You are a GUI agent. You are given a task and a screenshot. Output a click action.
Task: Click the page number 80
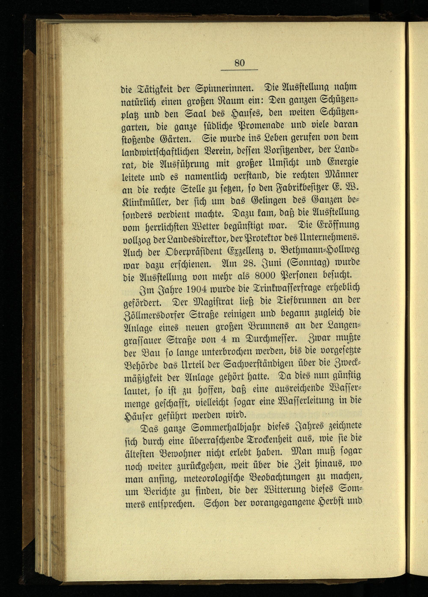239,63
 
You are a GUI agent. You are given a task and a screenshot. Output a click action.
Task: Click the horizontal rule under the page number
239,70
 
